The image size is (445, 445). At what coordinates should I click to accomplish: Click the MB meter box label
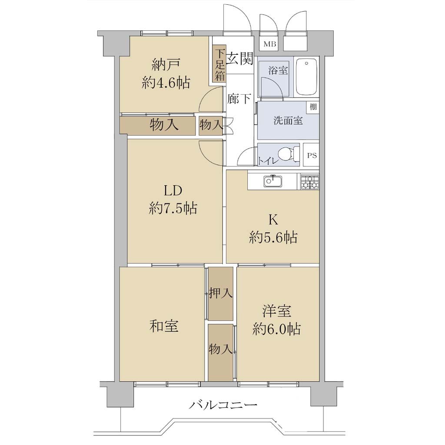coord(269,44)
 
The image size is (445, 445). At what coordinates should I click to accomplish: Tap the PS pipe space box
coord(312,155)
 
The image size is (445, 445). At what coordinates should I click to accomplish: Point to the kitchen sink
coord(273,181)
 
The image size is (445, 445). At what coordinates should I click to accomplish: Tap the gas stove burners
coord(309,182)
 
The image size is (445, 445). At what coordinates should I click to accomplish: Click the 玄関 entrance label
coord(240,59)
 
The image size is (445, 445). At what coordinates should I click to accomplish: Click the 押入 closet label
coord(221,293)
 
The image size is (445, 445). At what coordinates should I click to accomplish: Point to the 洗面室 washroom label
coord(288,121)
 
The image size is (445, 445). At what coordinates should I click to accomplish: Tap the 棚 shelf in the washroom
coord(313,107)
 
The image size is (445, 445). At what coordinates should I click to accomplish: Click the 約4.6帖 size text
coord(166,83)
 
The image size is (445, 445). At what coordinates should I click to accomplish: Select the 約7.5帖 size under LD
coord(173,208)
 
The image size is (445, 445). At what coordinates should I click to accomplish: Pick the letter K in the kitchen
coord(273,219)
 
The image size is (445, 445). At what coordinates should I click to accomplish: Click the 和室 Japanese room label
coord(164,326)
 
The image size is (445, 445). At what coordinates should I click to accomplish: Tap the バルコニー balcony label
coord(223,405)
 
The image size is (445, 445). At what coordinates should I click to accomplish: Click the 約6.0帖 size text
coord(276,329)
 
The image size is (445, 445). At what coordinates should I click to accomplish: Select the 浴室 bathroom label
coord(278,70)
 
